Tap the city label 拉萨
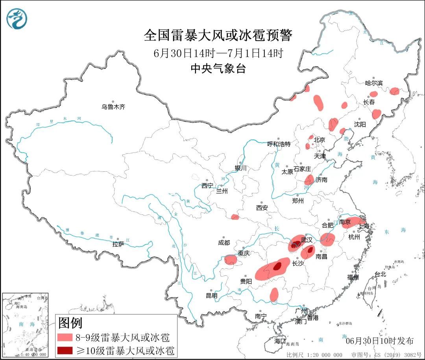118,244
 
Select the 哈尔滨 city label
373,83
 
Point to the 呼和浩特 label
279,144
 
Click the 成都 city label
224,243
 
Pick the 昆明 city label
211,295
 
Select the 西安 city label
262,208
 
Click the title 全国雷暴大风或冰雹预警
218,36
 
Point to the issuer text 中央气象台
218,69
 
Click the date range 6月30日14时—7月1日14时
218,53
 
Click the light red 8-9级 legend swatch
65,338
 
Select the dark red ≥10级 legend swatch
65,350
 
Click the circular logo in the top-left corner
17,19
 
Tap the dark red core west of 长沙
277,267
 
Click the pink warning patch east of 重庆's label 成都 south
231,260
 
